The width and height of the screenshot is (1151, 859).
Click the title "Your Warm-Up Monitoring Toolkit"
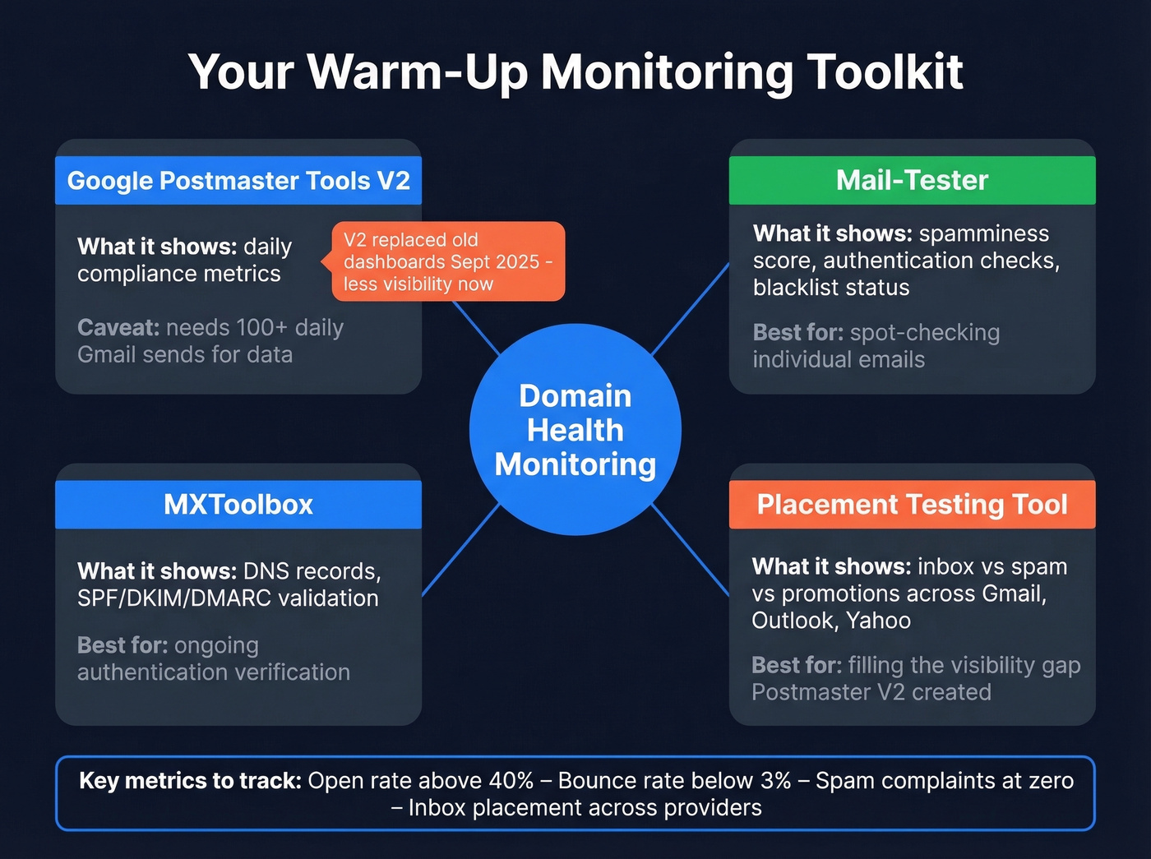(575, 72)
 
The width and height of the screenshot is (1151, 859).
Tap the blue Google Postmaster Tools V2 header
(238, 180)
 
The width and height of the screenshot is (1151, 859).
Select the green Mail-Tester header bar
(912, 180)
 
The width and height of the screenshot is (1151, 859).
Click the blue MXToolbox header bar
(238, 504)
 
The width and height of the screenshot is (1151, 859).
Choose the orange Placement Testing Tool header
(912, 504)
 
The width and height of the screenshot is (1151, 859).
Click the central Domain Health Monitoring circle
(575, 430)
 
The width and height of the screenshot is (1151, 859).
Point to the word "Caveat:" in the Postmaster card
(118, 327)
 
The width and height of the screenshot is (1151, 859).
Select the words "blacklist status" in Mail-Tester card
(831, 288)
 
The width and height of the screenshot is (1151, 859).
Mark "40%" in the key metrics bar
(511, 780)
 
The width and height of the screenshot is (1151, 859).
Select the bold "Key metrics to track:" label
(190, 780)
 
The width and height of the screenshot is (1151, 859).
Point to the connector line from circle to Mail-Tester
(691, 308)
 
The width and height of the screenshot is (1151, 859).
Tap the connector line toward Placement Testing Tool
(691, 551)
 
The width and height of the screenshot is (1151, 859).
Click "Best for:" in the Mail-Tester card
(797, 332)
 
